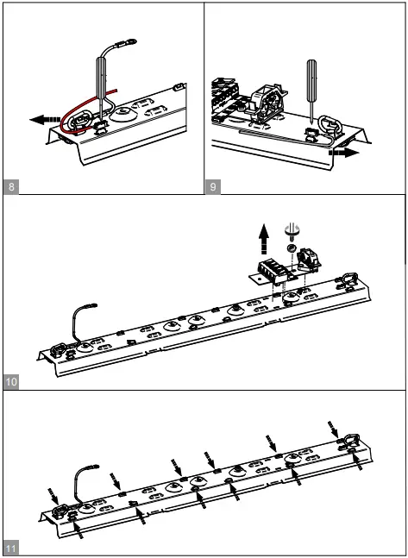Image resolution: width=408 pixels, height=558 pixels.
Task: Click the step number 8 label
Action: click(x=10, y=186)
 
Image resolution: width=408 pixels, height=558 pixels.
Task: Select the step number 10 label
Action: click(x=10, y=380)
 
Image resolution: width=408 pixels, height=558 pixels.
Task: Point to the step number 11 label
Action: click(x=10, y=549)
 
